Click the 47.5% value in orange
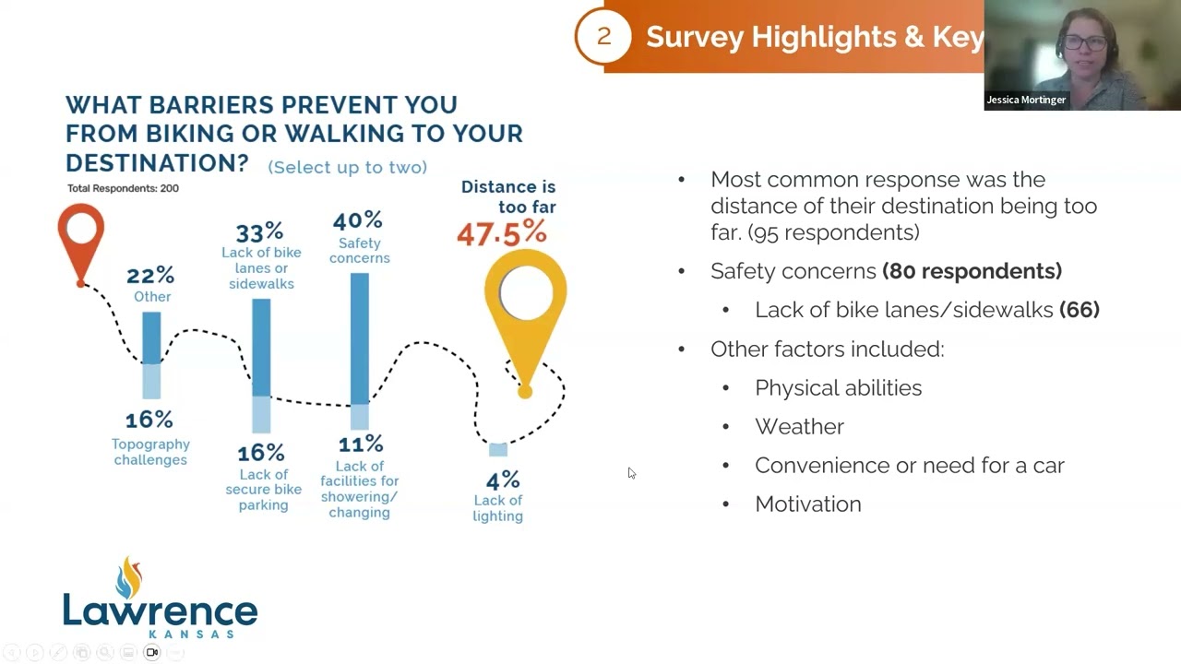click(501, 234)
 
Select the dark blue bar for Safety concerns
click(359, 337)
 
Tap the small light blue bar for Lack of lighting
click(498, 449)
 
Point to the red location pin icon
click(81, 238)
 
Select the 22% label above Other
click(150, 275)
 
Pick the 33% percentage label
click(259, 231)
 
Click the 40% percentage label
click(358, 220)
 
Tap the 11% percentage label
click(360, 444)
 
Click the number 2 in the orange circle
click(604, 36)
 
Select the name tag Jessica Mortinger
click(1026, 100)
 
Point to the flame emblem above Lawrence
click(130, 577)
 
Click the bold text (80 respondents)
click(972, 271)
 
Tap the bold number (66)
click(1080, 310)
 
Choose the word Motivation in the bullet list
click(807, 504)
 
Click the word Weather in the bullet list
click(799, 426)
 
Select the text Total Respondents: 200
click(123, 188)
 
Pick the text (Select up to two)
click(347, 167)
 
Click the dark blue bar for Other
click(151, 338)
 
